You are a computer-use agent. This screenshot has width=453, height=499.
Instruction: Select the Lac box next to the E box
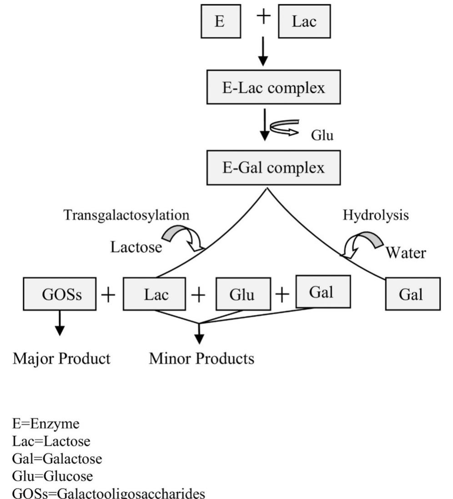[x=304, y=22]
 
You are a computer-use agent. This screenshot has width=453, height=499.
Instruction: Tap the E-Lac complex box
[x=273, y=87]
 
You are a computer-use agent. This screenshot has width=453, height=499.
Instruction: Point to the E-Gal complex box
[x=273, y=168]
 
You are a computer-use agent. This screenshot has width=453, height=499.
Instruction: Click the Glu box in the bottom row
[x=243, y=294]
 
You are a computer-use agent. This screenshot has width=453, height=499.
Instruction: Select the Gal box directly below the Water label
[x=413, y=294]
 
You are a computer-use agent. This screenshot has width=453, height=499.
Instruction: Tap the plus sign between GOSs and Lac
[x=109, y=295]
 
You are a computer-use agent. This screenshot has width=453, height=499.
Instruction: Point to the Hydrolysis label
[x=375, y=215]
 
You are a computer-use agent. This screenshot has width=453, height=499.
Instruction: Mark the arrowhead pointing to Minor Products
[x=199, y=339]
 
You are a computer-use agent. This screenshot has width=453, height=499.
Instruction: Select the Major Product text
[x=61, y=359]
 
